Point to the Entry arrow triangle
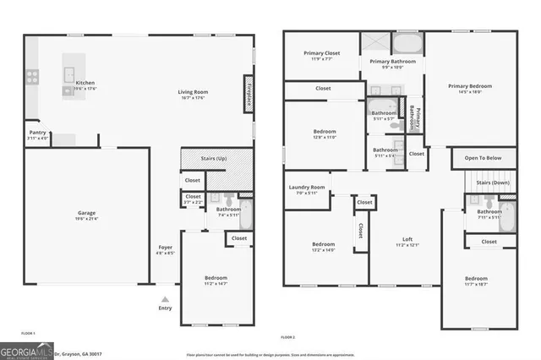[x=166, y=298]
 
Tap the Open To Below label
[x=484, y=158]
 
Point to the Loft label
[x=408, y=242]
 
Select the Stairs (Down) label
[x=492, y=182]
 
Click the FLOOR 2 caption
[x=288, y=336]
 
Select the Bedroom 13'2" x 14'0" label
[x=318, y=247]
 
